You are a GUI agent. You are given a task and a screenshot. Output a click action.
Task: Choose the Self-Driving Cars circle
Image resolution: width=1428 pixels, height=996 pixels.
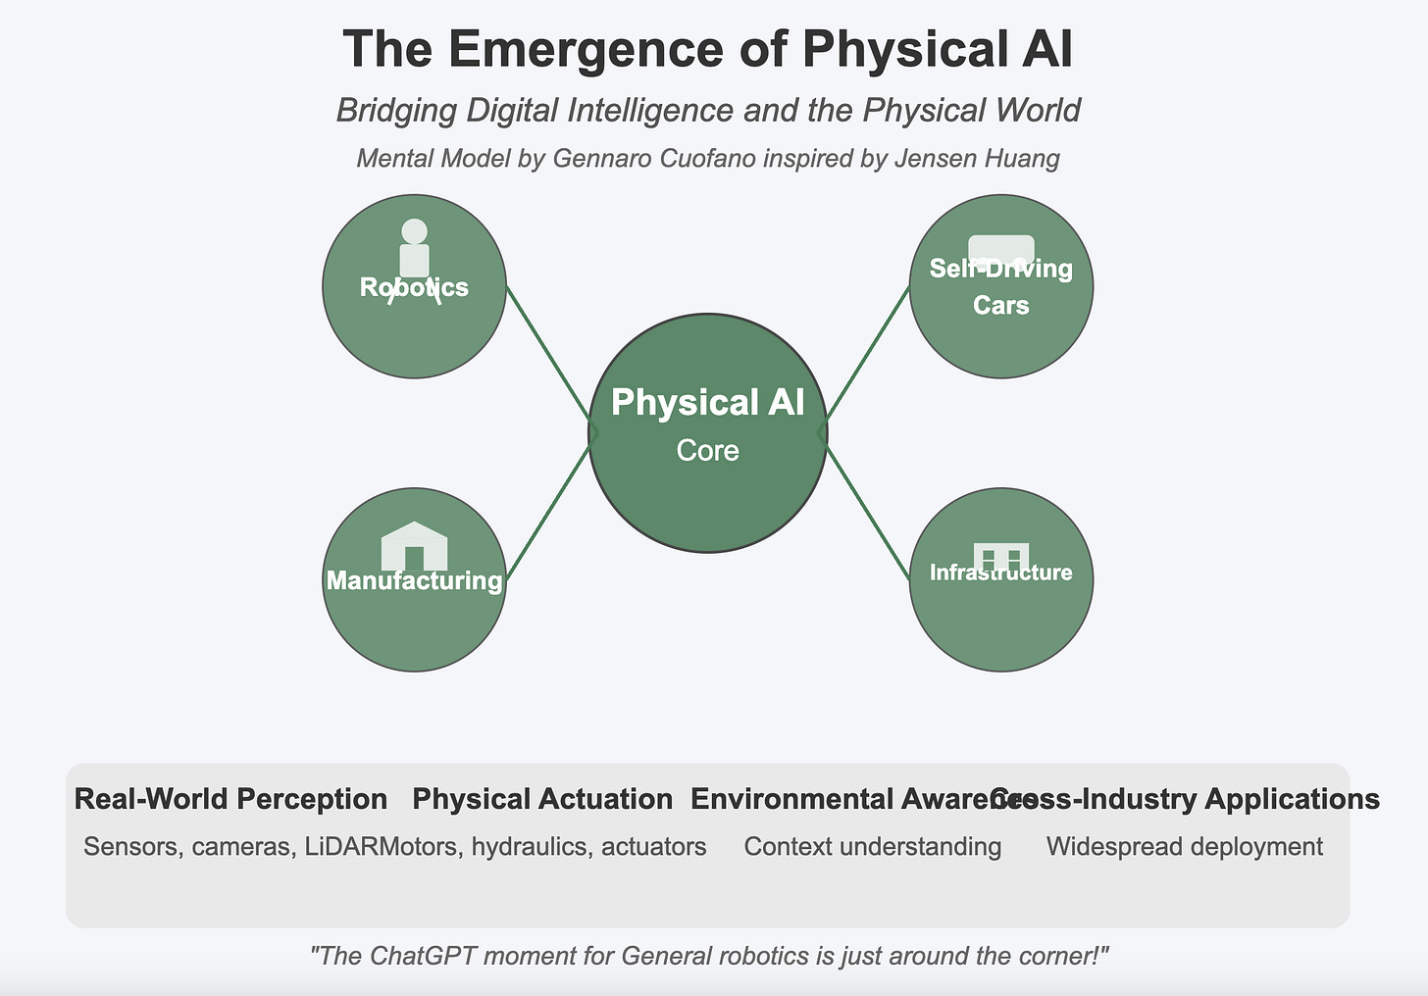tap(1000, 343)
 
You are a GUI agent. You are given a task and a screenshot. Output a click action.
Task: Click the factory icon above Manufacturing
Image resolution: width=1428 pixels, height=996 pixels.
tap(414, 545)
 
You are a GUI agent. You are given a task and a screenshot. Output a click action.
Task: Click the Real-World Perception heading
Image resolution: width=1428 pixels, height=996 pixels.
tap(230, 799)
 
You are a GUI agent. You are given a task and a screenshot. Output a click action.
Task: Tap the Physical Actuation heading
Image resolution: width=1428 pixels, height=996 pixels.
tap(542, 799)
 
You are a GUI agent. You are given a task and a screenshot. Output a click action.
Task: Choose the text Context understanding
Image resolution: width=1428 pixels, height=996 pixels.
tap(873, 846)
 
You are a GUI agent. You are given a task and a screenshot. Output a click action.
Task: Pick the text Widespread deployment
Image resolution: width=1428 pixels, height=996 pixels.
tap(1185, 846)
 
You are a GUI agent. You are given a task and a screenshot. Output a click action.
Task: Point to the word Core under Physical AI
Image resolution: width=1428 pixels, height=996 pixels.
tap(707, 451)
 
